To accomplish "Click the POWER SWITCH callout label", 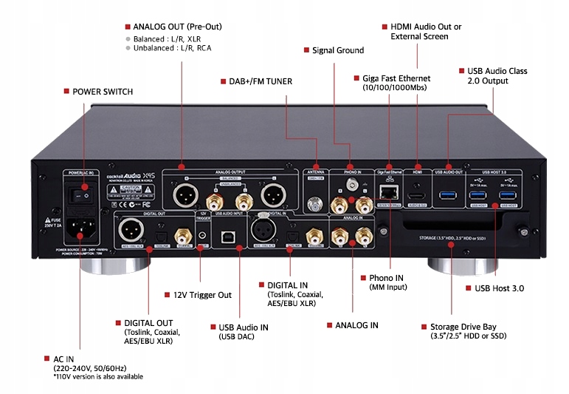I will coord(103,92).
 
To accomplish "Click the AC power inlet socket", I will coord(83,230).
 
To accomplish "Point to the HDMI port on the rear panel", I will coord(417,194).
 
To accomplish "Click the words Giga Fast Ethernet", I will coord(396,78).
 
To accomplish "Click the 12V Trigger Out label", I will coord(203,295).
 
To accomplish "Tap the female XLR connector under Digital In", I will coord(263,229).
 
